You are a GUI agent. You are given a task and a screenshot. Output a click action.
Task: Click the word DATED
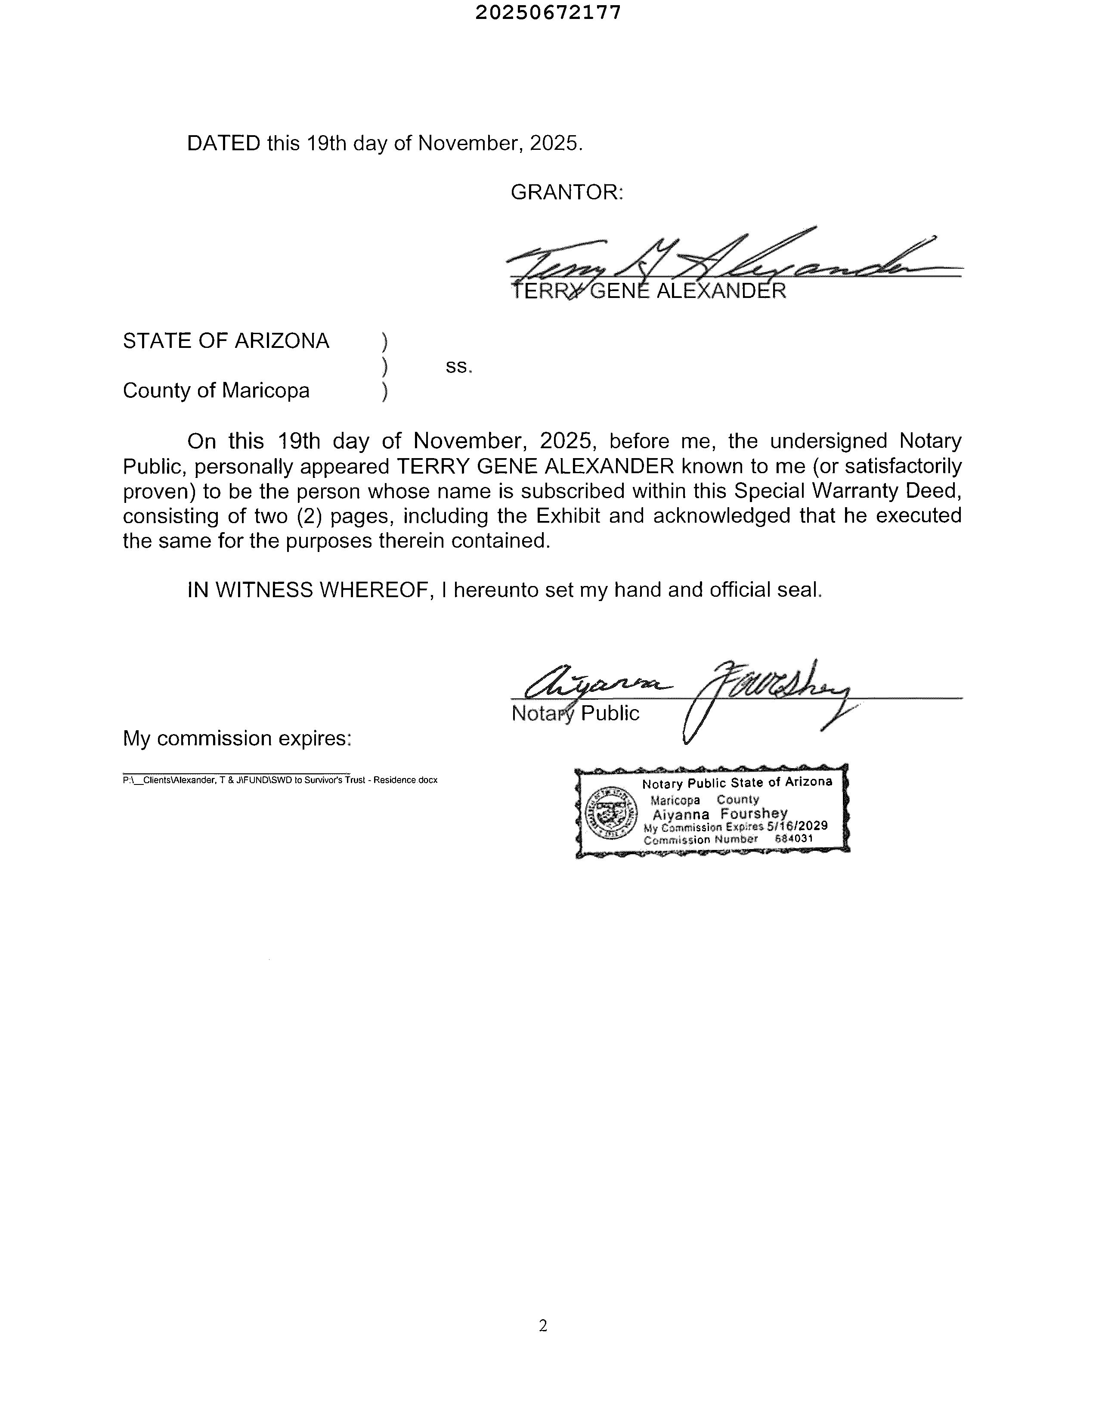coord(223,143)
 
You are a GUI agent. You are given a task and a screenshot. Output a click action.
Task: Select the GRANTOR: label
coord(566,192)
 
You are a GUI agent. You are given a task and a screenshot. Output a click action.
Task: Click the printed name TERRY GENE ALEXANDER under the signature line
coord(648,291)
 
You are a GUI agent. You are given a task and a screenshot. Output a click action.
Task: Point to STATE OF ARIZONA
coord(226,341)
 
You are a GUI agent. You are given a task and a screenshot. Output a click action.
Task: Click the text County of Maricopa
coord(216,391)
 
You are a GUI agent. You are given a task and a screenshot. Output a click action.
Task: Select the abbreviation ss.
coord(458,366)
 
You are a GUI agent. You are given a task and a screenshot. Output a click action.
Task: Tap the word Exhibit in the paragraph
coord(567,516)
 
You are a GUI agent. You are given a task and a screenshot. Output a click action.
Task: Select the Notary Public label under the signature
coord(575,713)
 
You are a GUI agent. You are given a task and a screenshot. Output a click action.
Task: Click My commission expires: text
coord(237,738)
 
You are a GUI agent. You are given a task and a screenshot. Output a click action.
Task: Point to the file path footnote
coord(279,780)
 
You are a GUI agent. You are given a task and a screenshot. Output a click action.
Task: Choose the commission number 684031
coord(793,838)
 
